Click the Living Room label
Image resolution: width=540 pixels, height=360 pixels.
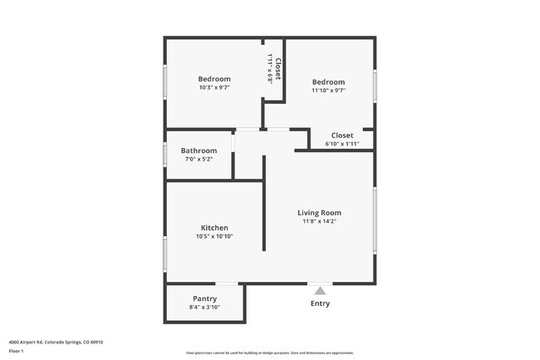pyautogui.click(x=319, y=213)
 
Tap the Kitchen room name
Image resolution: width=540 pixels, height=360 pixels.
pyautogui.click(x=214, y=228)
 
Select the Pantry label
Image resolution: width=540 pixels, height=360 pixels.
pyautogui.click(x=204, y=298)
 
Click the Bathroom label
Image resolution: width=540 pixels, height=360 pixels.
pyautogui.click(x=199, y=150)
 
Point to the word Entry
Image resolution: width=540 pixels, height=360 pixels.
pyautogui.click(x=320, y=303)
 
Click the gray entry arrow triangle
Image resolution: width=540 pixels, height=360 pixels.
pyautogui.click(x=320, y=290)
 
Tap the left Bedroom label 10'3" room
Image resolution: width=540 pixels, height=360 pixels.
pyautogui.click(x=214, y=79)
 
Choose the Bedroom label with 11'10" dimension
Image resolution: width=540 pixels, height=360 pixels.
pyautogui.click(x=328, y=81)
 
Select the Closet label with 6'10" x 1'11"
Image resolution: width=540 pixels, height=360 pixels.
pyautogui.click(x=342, y=136)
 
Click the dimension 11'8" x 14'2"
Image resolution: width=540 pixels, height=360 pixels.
pyautogui.click(x=319, y=222)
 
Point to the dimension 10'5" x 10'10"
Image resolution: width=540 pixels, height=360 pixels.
pyautogui.click(x=214, y=236)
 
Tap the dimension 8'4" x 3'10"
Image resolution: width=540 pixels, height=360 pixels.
pyautogui.click(x=204, y=308)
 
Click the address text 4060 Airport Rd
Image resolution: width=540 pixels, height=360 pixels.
pyautogui.click(x=56, y=342)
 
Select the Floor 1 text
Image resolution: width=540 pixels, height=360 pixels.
pyautogui.click(x=16, y=351)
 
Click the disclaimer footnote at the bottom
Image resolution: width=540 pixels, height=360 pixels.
pyautogui.click(x=270, y=353)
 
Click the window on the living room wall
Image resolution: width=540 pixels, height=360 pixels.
pyautogui.click(x=376, y=220)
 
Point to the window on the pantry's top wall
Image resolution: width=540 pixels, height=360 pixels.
pyautogui.click(x=228, y=284)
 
